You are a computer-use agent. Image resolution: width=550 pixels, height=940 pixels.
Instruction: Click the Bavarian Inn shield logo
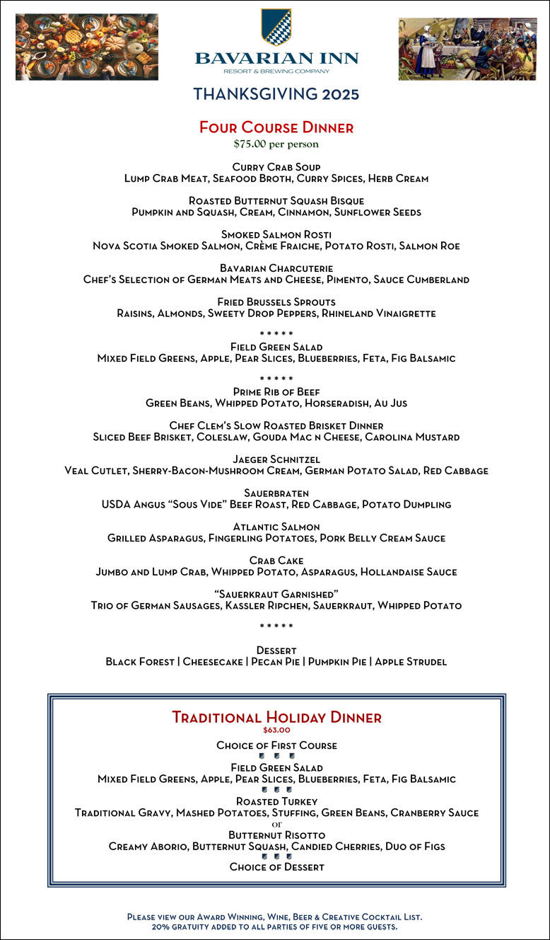click(276, 27)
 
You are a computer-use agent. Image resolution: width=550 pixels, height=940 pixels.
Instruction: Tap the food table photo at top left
click(87, 47)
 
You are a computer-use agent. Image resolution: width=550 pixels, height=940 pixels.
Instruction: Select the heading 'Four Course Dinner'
click(276, 127)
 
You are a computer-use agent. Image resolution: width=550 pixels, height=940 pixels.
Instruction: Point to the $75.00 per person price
click(276, 144)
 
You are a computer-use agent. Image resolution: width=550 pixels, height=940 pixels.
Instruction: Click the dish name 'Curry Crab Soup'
click(276, 167)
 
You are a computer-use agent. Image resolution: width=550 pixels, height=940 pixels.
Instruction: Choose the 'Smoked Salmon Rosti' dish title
click(276, 234)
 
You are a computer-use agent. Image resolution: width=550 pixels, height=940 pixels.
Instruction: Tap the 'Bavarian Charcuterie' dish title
click(276, 268)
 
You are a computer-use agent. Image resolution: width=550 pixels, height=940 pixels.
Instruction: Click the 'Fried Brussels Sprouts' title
click(276, 302)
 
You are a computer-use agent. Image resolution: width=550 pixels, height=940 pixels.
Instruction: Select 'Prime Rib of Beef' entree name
click(276, 391)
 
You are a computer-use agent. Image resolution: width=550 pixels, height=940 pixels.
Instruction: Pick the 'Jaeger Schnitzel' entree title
click(276, 459)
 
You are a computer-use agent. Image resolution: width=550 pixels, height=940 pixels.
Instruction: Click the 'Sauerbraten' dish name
click(276, 493)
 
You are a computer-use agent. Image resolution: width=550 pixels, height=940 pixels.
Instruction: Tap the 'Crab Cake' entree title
click(276, 561)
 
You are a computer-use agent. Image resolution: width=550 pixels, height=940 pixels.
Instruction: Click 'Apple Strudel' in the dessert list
click(411, 662)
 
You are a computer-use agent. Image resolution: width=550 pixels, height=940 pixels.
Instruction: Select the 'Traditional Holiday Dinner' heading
click(276, 717)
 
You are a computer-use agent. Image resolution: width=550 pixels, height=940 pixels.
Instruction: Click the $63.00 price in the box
click(276, 730)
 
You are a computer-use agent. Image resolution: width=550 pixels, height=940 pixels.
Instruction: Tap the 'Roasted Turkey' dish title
click(276, 801)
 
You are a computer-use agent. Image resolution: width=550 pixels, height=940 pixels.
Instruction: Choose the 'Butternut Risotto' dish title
click(276, 835)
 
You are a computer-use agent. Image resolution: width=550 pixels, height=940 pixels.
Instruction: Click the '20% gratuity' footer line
click(275, 926)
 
